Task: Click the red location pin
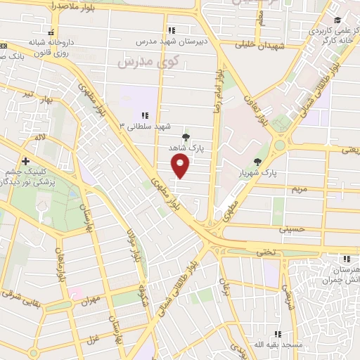coord(181,166)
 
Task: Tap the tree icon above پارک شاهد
coord(186,138)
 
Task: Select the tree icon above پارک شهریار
coord(258,161)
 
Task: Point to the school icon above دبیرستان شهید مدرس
coord(172,30)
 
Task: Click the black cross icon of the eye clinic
coord(25,161)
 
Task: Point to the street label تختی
coord(263,251)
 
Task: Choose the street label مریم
coord(299,189)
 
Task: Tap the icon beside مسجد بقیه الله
coord(278,334)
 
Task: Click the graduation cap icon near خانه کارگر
coord(338,20)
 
